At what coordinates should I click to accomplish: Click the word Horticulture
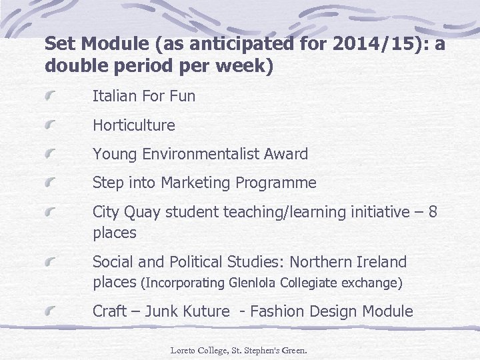(133, 125)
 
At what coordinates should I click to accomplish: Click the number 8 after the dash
(433, 212)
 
